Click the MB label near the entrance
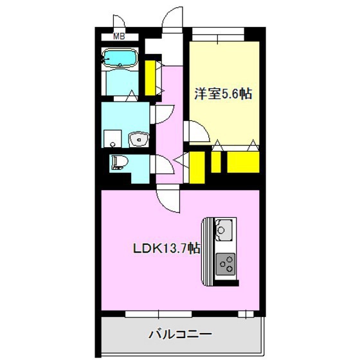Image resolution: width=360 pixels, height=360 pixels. (118, 37)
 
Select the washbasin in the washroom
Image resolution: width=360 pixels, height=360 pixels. (138, 139)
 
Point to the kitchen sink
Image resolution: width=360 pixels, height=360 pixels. (224, 228)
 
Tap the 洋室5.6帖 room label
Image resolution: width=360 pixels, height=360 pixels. (223, 94)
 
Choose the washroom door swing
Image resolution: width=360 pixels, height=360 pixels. (162, 114)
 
